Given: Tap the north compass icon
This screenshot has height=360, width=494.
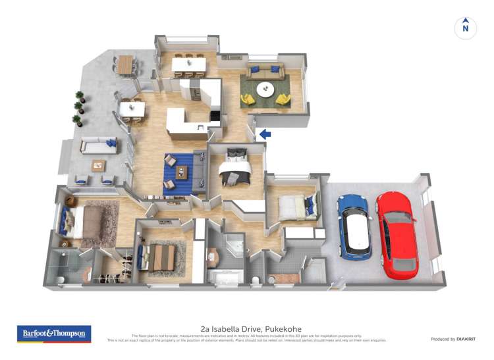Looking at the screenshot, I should (466, 28).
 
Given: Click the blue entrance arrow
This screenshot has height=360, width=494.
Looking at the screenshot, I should (265, 134).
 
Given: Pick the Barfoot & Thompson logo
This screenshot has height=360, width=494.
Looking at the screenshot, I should (54, 334).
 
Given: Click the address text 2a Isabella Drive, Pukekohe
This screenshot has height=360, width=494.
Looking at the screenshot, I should (246, 328).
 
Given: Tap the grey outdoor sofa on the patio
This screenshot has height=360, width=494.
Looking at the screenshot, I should (99, 145).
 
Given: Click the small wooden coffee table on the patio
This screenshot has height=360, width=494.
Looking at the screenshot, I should (99, 165).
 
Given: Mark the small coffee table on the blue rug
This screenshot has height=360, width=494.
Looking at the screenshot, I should (181, 173).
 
